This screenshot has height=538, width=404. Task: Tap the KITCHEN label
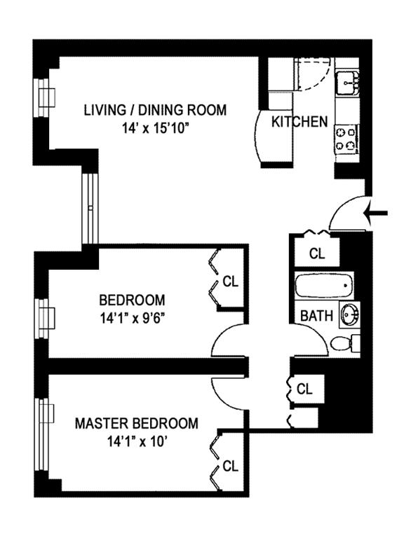point(299,122)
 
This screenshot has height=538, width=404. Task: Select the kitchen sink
point(347,83)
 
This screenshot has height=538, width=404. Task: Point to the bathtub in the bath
point(324,285)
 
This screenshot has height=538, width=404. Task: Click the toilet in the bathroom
point(344,343)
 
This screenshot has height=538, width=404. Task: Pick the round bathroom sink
point(350,314)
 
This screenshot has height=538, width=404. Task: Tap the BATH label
point(317,316)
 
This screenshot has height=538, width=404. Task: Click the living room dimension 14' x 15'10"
point(156,130)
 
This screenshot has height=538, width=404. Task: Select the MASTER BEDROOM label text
point(137,423)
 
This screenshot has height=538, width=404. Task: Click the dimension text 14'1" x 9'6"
point(131,319)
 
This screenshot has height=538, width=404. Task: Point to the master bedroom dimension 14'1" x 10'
point(137,442)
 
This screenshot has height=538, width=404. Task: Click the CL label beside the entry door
point(317,254)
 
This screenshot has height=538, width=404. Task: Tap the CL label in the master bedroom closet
point(231,467)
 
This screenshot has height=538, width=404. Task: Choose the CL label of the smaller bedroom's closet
point(231,282)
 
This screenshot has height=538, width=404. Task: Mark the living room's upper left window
point(44,98)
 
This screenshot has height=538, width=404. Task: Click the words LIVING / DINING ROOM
point(156,111)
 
